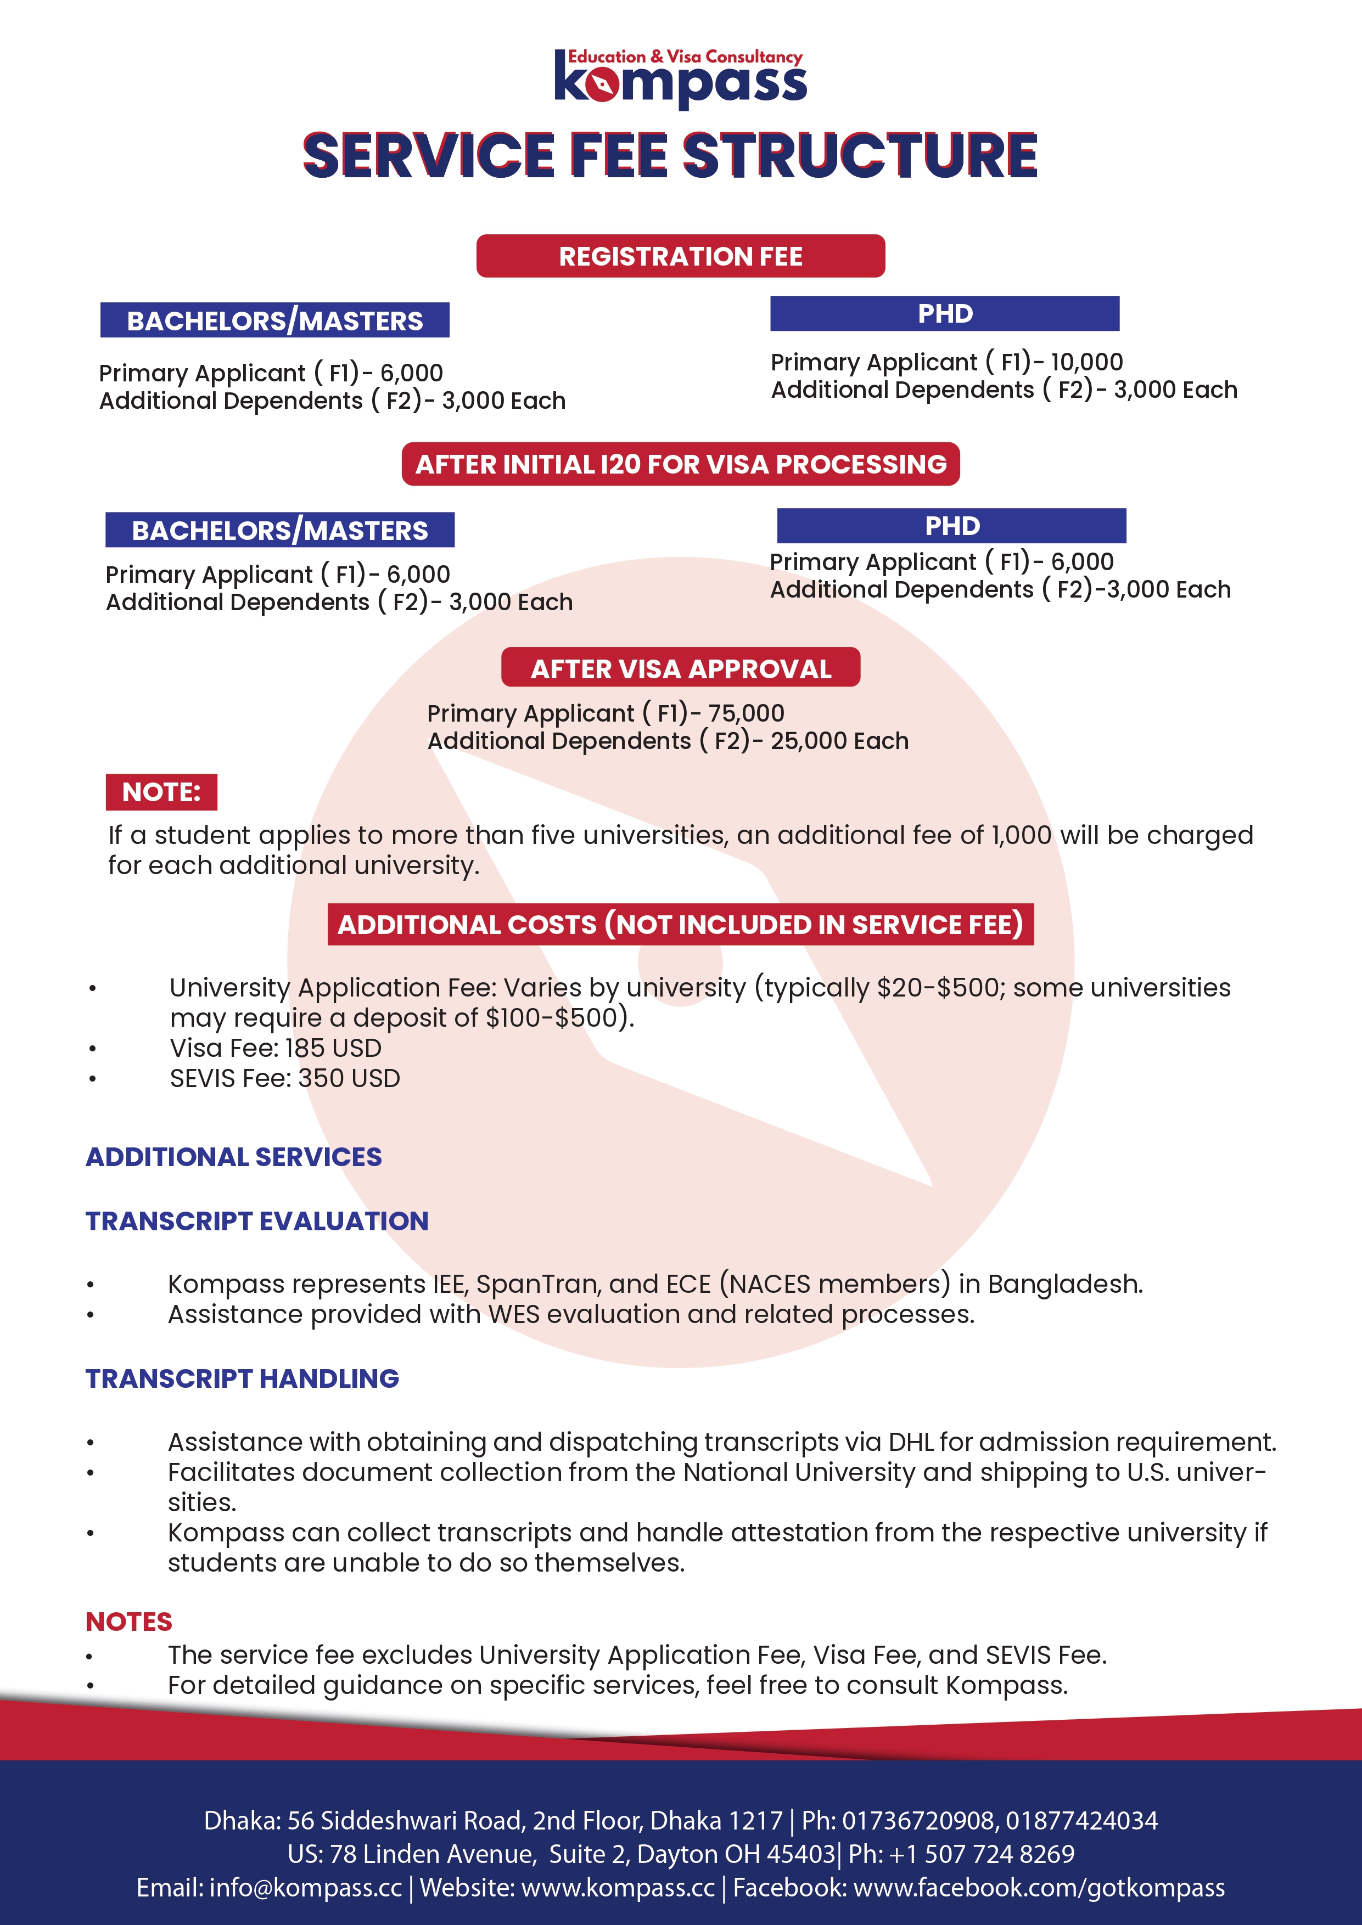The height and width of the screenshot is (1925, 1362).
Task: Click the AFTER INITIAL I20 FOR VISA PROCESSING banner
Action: [680, 464]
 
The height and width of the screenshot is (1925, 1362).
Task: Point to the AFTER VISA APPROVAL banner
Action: [680, 669]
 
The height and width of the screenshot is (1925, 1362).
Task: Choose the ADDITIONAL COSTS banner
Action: [680, 925]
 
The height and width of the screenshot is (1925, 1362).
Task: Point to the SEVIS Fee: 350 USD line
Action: [284, 1078]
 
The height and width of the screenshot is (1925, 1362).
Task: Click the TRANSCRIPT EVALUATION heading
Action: [256, 1222]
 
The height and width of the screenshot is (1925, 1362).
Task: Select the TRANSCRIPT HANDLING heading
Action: [243, 1378]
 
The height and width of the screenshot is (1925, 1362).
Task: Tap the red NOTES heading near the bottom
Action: [128, 1622]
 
